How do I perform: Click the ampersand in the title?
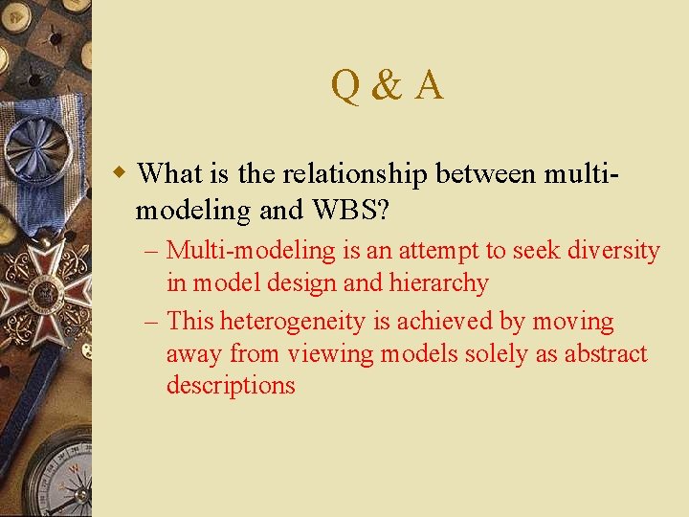386,85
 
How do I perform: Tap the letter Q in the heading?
344,85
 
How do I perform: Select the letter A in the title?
429,85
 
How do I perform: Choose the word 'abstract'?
606,354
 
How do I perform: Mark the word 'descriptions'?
231,386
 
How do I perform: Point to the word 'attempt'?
423,251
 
